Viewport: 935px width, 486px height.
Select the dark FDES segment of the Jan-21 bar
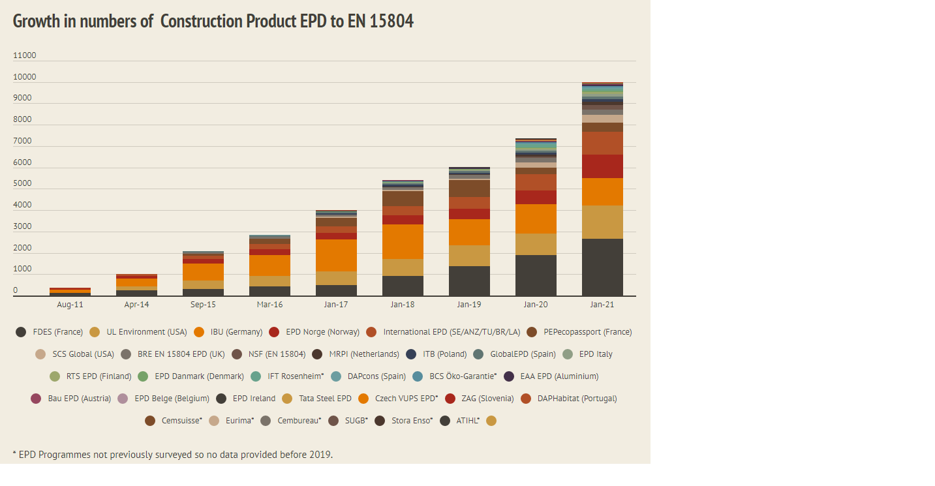click(602, 267)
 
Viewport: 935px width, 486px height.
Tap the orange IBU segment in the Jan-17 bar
click(336, 255)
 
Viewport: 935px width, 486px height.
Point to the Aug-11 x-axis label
click(70, 305)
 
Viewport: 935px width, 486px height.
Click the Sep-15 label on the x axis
click(203, 305)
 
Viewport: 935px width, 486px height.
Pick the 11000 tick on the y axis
click(25, 55)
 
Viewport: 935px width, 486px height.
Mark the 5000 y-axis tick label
click(22, 184)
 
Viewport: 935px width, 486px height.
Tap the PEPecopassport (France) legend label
click(587, 332)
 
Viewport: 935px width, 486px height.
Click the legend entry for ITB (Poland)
click(444, 354)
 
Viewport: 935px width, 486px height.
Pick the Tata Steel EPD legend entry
click(325, 399)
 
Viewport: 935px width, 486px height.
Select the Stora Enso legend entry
click(412, 421)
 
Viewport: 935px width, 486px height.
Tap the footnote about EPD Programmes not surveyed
click(173, 454)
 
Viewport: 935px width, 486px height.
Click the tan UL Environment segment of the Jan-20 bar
click(536, 244)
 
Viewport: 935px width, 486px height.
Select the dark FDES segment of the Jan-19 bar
click(469, 281)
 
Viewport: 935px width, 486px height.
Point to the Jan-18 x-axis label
click(403, 305)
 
